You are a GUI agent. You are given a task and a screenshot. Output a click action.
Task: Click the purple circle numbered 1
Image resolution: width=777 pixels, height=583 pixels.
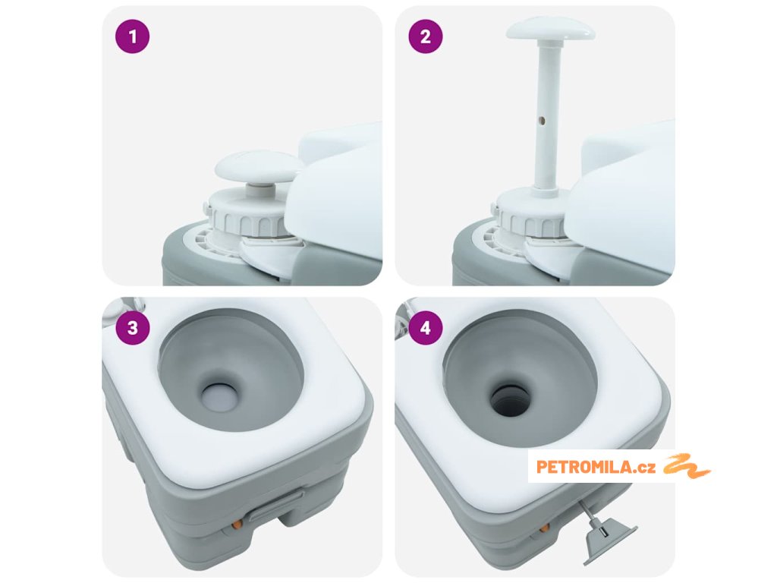point(132,36)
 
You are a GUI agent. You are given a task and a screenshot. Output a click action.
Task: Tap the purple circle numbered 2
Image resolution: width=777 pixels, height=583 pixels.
point(426,36)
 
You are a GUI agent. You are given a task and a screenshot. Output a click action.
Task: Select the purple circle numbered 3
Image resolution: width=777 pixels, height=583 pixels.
point(132,328)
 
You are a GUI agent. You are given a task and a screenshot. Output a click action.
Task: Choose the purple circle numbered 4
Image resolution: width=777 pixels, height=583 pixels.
point(426,328)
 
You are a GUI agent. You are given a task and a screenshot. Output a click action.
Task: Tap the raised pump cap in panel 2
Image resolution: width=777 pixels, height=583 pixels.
point(551,30)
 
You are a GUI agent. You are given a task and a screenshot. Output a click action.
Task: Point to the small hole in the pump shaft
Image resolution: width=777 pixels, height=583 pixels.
point(542,120)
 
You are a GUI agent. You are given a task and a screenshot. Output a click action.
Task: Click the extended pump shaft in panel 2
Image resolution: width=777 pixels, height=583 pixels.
point(547,114)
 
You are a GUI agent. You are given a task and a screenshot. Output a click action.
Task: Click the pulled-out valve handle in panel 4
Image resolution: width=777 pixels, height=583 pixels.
point(608,540)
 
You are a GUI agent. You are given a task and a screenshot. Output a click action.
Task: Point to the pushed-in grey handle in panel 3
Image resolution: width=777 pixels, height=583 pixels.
point(277,506)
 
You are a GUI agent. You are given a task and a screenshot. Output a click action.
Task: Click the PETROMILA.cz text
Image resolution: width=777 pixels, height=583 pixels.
point(596,467)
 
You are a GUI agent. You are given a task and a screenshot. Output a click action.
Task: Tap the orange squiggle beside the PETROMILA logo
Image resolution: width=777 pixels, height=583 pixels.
point(687,465)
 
